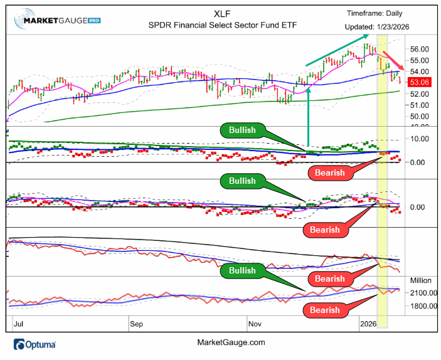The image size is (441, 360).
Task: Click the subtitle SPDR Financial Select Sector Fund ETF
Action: tap(218, 26)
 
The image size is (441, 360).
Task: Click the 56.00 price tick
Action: tap(418, 49)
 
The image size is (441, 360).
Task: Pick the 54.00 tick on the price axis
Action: tap(418, 71)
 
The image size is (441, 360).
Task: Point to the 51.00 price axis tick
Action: tap(418, 105)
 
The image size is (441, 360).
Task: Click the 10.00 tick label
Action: tap(418, 139)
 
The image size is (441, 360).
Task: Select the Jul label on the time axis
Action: tap(19, 324)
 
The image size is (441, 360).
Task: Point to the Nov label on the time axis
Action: tap(255, 324)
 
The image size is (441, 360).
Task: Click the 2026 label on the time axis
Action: tap(368, 324)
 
